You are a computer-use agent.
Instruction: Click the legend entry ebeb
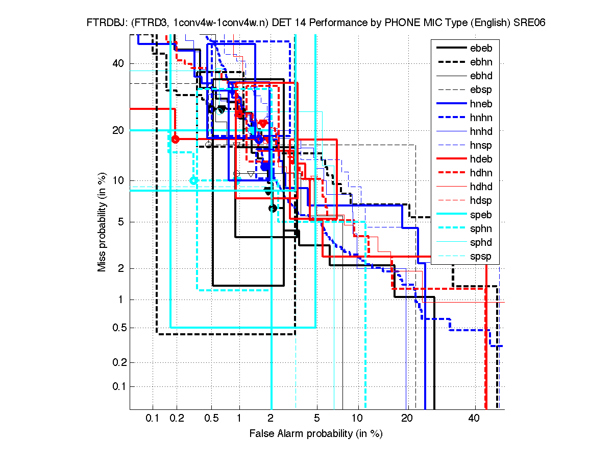point(480,48)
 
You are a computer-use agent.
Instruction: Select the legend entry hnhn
point(480,118)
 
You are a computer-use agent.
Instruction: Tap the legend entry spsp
point(480,257)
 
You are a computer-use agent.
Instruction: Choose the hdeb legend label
point(480,159)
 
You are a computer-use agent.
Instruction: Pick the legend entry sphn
point(480,228)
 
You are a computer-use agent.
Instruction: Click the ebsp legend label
point(480,90)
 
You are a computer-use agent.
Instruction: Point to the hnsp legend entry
point(480,146)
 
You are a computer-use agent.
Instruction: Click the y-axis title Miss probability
point(102,221)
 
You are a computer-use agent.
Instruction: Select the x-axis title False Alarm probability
point(316,434)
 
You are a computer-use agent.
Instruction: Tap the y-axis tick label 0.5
point(118,328)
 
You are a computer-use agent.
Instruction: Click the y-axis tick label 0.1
point(118,386)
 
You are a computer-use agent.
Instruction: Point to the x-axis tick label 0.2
point(177,419)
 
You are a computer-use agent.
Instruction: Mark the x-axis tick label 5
point(316,419)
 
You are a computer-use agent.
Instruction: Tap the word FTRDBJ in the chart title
point(104,23)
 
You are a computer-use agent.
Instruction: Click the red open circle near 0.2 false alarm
point(176,139)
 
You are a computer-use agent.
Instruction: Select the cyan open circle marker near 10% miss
point(193,180)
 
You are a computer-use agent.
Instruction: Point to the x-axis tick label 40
point(474,419)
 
